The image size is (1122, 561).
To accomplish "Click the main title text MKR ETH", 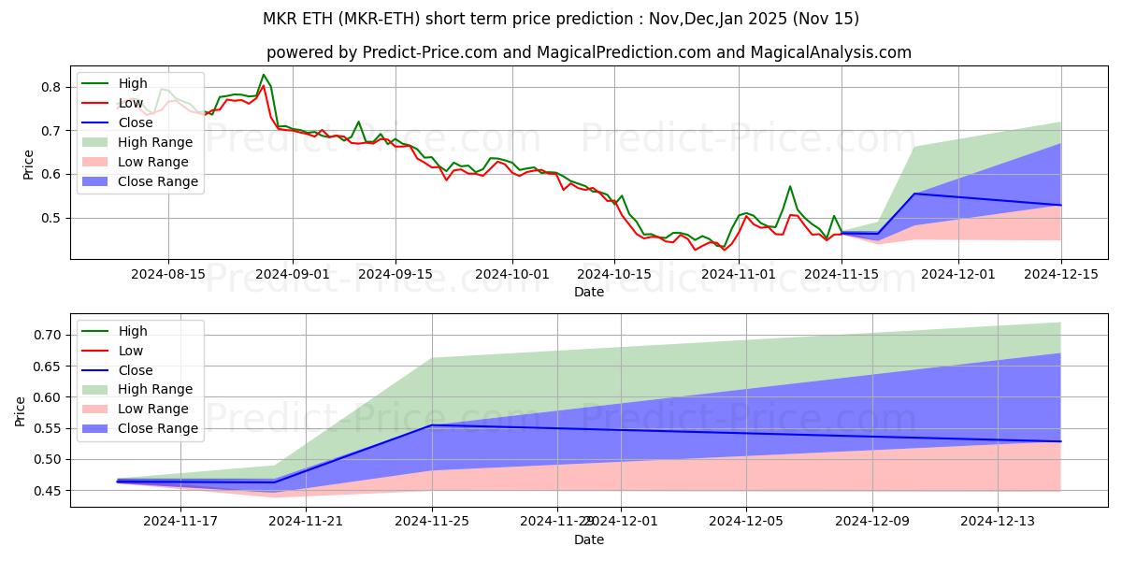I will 560,19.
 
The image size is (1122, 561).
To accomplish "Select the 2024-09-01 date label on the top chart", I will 292,274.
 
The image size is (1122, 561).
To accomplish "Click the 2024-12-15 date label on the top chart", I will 1061,274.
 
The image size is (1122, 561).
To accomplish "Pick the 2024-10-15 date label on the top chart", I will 613,274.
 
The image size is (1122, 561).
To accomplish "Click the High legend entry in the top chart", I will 132,83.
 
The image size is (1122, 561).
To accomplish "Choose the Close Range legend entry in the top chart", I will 157,181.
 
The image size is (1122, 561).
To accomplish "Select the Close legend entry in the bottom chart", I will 136,370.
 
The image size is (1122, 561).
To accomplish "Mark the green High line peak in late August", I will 264,75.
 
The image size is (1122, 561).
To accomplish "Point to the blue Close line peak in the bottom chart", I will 432,425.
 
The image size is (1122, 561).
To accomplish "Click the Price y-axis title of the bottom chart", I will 21,411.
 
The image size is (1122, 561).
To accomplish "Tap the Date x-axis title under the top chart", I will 589,292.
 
